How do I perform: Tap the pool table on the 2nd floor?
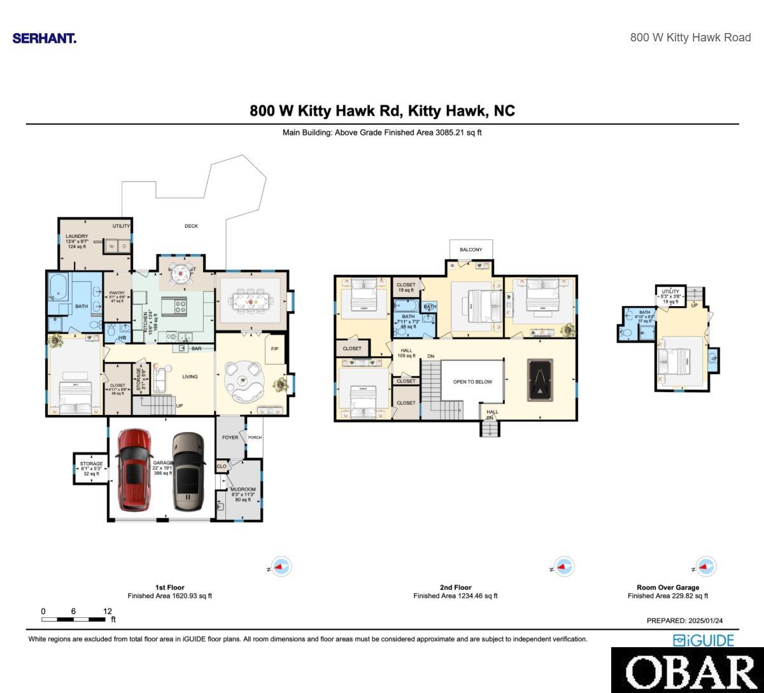tap(540, 380)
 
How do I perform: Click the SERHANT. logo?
tap(45, 38)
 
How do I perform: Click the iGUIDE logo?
tap(704, 640)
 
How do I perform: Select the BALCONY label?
tap(471, 250)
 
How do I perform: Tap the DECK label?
tap(191, 226)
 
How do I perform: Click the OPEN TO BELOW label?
tap(472, 382)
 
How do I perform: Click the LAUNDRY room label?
tap(77, 237)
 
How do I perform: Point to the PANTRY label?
tap(117, 293)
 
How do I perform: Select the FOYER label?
tap(230, 438)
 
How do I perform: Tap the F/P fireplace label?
tap(275, 349)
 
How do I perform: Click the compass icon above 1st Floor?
tap(281, 566)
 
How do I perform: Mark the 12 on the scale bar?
tap(107, 612)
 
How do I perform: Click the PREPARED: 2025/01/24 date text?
tap(684, 620)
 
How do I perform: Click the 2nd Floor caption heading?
tap(455, 587)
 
